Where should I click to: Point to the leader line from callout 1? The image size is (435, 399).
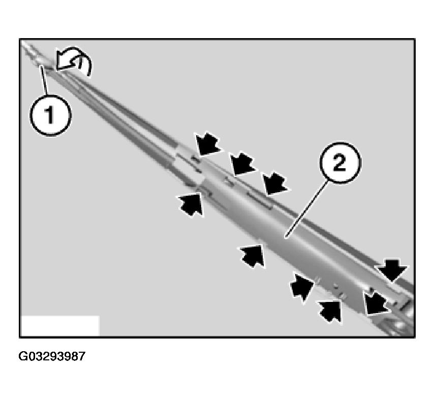(x=45, y=81)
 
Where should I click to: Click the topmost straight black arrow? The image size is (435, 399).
(x=208, y=144)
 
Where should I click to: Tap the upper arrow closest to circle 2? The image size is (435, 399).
(x=274, y=183)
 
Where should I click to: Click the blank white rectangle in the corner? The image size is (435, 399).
(x=60, y=325)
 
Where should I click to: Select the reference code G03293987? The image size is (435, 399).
(x=52, y=356)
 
